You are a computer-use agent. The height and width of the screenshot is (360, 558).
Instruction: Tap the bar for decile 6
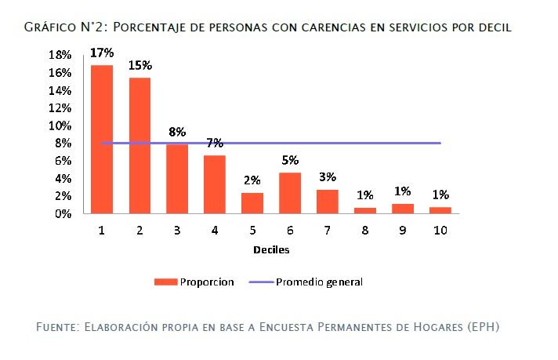coord(290,193)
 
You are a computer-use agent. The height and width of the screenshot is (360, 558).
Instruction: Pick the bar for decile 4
coord(215,184)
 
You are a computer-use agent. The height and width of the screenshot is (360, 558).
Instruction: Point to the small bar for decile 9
coord(403,209)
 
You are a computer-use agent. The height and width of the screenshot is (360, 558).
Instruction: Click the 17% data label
coord(102,53)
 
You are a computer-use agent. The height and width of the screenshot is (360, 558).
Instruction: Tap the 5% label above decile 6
coord(290,160)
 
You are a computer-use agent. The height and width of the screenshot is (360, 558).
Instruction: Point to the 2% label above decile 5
coord(252,180)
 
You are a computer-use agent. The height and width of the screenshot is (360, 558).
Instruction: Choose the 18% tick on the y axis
coord(60,55)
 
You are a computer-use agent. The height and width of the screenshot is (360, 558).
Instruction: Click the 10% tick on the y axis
coord(60,125)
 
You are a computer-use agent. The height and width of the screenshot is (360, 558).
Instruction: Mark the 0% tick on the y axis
coord(63,213)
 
